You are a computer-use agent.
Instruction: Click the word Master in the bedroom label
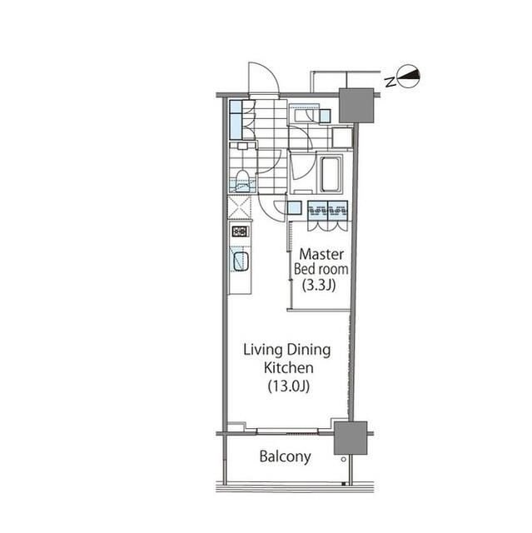[x=321, y=254]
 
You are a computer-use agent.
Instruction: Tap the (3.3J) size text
[x=319, y=285]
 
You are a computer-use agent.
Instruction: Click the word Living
[x=263, y=351]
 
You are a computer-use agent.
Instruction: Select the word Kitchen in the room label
[x=288, y=368]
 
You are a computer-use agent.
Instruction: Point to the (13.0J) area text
[x=289, y=386]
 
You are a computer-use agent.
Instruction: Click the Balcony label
[x=285, y=457]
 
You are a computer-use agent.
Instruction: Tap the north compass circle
[x=409, y=76]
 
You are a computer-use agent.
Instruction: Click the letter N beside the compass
[x=390, y=82]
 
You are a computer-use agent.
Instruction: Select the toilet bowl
[x=241, y=182]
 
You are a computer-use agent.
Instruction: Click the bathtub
[x=330, y=173]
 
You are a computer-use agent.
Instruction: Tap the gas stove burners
[x=240, y=232]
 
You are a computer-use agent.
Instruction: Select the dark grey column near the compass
[x=356, y=106]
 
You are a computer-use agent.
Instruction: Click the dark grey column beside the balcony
[x=351, y=438]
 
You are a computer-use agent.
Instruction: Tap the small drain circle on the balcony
[x=344, y=459]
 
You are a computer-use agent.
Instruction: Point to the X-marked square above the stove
[x=240, y=207]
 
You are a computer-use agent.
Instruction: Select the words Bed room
[x=321, y=269]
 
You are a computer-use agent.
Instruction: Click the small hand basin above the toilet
[x=242, y=147]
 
